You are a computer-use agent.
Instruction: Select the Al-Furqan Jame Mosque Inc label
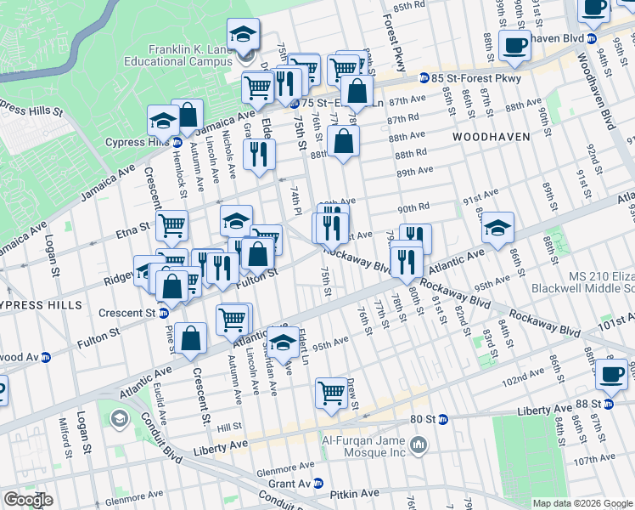point(358,445)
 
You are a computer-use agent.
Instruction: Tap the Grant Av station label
point(294,483)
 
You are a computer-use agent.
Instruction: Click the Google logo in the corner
point(29,500)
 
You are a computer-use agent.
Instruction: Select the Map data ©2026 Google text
point(582,503)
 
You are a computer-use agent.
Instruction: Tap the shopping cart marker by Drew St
point(331,392)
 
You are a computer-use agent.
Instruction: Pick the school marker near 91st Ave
point(497,226)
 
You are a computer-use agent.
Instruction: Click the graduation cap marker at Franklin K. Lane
point(244,34)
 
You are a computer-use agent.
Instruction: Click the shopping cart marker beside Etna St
point(172,224)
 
